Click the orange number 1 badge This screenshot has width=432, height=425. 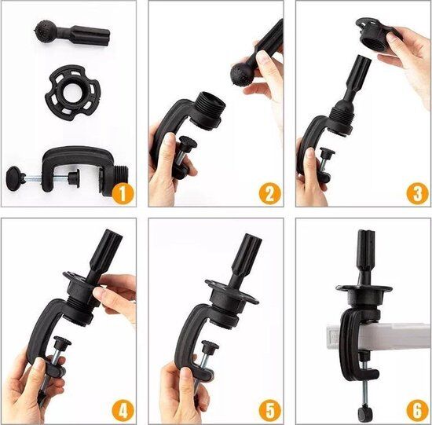[123, 193]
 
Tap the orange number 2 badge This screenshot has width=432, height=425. [270, 193]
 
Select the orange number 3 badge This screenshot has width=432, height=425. [417, 193]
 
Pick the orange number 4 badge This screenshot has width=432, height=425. [123, 411]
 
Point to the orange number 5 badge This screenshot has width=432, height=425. [270, 411]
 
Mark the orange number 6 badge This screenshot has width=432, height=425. [417, 411]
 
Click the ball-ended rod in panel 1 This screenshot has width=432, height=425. [72, 35]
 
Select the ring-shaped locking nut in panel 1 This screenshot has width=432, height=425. [72, 93]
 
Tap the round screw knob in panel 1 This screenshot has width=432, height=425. [14, 178]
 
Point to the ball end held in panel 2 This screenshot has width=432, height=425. [242, 75]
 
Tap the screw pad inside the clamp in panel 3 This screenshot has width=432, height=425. [328, 152]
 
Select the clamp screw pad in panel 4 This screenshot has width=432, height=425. [62, 342]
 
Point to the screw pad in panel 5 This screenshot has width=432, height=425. [210, 346]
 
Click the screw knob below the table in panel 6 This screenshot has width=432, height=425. [364, 412]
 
